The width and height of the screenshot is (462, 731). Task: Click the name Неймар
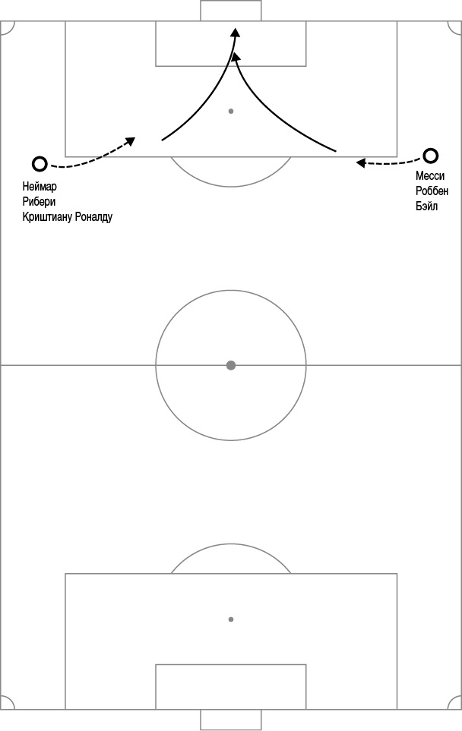tap(40, 187)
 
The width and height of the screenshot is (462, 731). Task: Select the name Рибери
tap(39, 202)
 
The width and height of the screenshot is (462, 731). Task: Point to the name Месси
tap(430, 176)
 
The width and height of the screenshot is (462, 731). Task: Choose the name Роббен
tap(432, 191)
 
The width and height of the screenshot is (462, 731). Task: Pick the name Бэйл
tap(426, 206)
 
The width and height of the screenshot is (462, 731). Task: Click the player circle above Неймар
tap(40, 164)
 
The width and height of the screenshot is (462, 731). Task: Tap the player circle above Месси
tap(430, 156)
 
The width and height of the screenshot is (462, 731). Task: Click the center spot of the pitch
tap(230, 365)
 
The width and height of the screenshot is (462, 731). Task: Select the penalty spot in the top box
tap(230, 112)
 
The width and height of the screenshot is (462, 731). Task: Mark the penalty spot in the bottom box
tap(230, 619)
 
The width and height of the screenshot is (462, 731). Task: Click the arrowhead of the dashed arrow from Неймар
tap(131, 140)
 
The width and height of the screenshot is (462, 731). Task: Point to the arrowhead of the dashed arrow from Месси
tap(360, 162)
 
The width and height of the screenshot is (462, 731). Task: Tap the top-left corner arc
tap(11, 31)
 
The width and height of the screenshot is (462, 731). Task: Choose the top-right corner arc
tap(451, 31)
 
